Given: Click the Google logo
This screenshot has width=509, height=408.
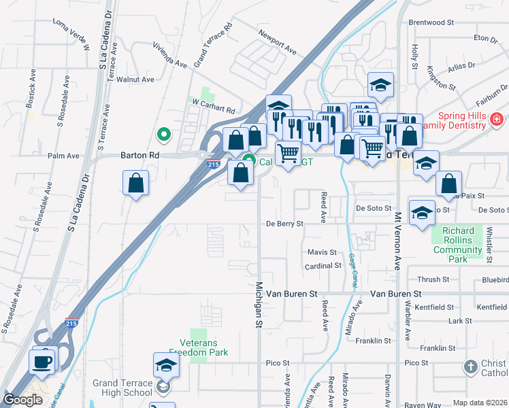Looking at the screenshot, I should pos(22,400).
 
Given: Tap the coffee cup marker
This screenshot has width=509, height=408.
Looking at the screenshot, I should pos(42,360).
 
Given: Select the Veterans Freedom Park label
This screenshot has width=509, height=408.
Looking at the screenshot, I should pos(199,347).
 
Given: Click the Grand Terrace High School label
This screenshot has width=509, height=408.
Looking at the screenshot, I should pos(122,388).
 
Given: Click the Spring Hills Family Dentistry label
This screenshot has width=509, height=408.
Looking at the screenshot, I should pos(453,120).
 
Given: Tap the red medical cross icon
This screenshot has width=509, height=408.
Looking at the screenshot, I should pos(497,119).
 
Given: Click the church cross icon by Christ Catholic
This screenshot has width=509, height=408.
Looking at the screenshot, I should pos(470,367).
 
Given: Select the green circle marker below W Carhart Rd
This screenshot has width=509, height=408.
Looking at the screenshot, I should pos(163,135).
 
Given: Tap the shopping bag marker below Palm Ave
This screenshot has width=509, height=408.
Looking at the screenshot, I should pos(136,183).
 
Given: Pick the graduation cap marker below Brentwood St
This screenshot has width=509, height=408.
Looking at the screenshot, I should pos(381,86).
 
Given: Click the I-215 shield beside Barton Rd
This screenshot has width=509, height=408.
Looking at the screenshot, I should pos(213,164).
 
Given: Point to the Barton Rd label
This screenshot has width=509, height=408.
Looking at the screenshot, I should pos(139,155).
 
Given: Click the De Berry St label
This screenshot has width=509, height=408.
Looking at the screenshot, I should pos(284,223).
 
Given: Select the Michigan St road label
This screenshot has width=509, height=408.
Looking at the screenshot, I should pos(259,305).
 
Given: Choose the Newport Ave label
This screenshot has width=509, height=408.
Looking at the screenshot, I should pos(278,41).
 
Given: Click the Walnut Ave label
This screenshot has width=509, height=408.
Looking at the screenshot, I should pos(135,80).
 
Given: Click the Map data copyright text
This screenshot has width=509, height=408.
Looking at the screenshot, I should pos(480,403).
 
